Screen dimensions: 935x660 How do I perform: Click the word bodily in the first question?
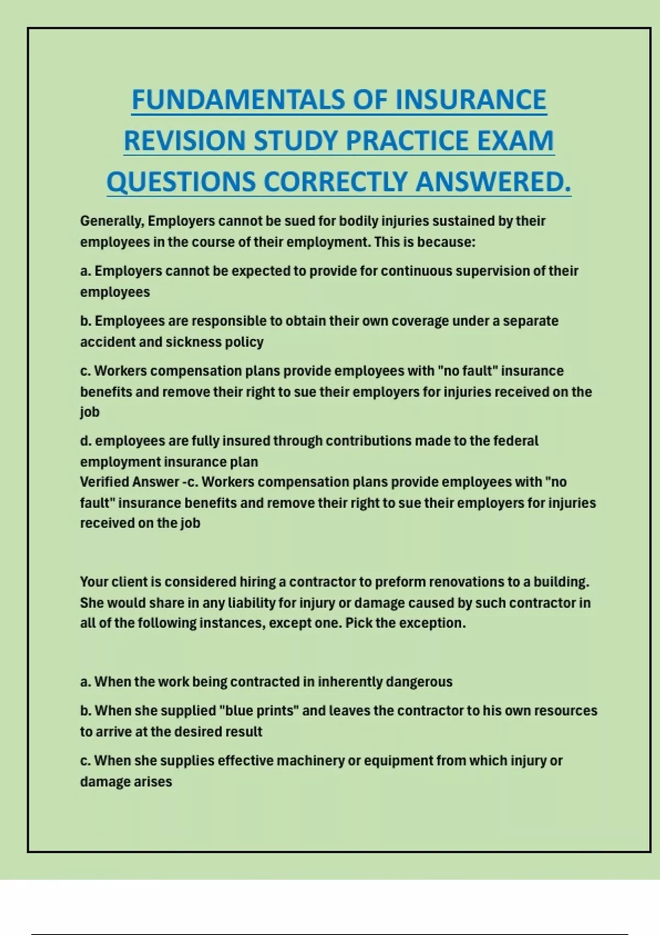(359, 221)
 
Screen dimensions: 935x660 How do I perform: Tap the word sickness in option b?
(192, 342)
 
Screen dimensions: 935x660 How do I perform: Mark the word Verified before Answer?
(105, 482)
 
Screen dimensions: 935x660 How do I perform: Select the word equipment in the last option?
(395, 761)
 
